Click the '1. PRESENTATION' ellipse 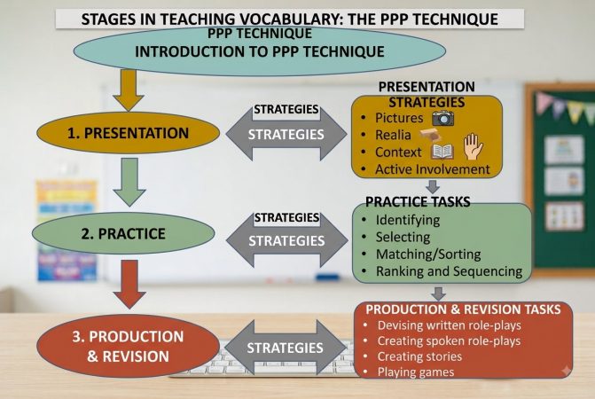pos(128,133)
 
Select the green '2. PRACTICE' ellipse pos(123,233)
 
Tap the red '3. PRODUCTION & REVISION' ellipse pos(128,347)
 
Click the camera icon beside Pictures pos(442,118)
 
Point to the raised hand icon pos(473,147)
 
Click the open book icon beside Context pos(442,153)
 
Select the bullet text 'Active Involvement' pos(433,169)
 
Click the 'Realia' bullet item pos(393,135)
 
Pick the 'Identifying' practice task pos(408,220)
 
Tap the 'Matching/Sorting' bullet pos(428,254)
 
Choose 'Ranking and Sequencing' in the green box pos(450,271)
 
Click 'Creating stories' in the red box pos(419,356)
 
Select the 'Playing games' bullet pos(416,372)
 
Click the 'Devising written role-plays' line pos(450,325)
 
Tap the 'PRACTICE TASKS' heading pos(418,202)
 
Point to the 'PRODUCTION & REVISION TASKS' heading pos(464,309)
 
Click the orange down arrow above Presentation pos(129,90)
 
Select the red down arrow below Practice pos(129,285)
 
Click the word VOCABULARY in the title pos(288,19)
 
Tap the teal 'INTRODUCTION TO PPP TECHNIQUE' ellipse pos(260,51)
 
